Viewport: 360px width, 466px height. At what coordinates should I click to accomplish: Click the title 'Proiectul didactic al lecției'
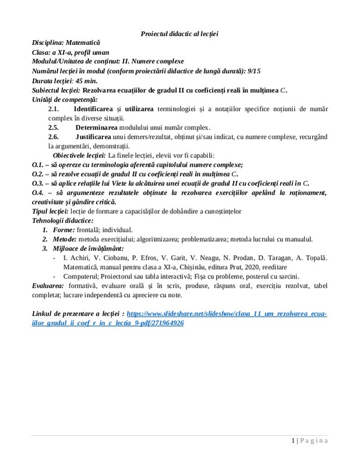tap(180, 34)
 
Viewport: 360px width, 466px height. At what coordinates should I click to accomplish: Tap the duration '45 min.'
tap(86, 80)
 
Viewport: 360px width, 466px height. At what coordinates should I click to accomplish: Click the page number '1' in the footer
tap(294, 440)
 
